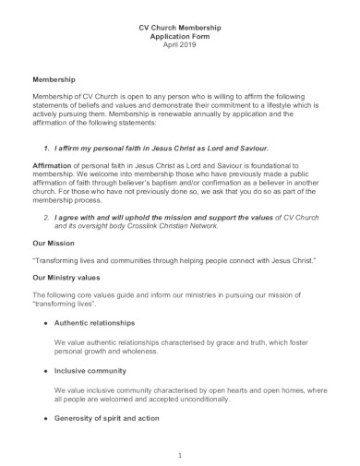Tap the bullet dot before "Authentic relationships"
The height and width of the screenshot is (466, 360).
click(45, 322)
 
